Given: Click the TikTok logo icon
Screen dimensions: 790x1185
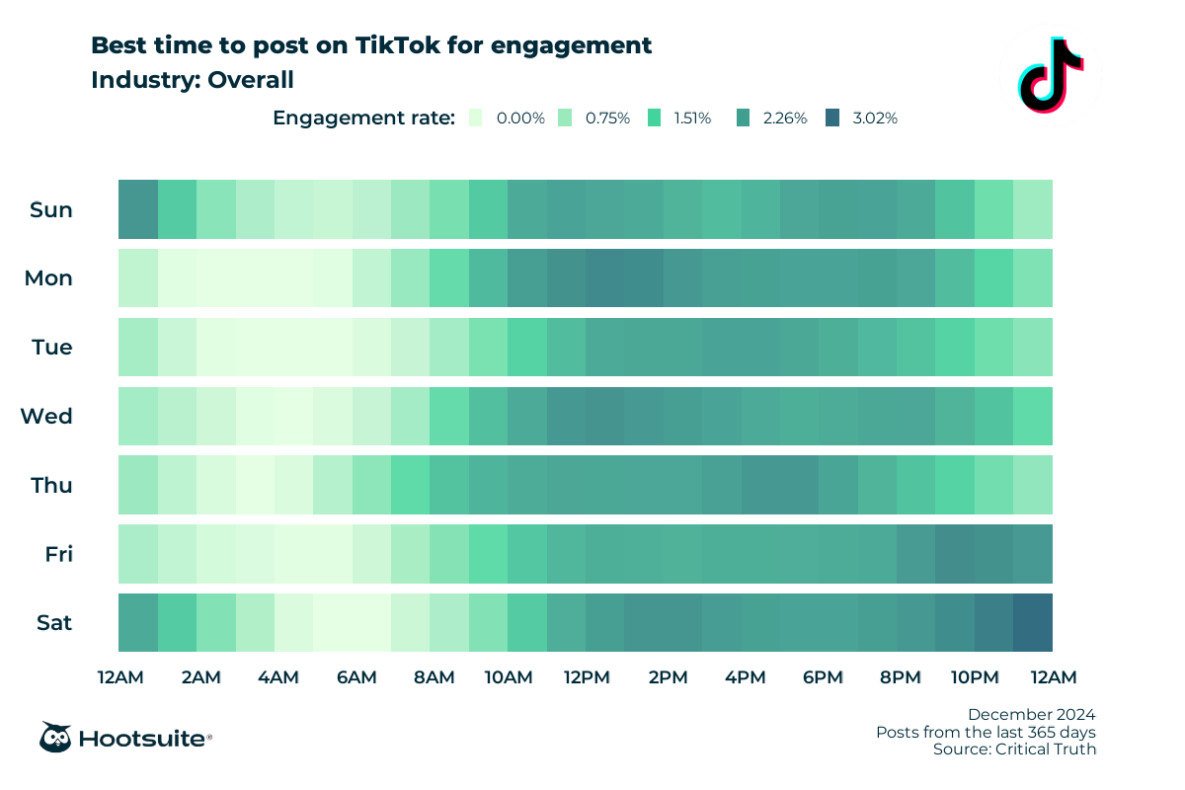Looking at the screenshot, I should [x=1049, y=74].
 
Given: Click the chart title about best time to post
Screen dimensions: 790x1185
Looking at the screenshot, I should [x=370, y=45].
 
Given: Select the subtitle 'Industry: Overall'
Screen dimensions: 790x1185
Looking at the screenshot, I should [x=192, y=80].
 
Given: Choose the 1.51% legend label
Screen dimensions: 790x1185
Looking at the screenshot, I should [x=692, y=118].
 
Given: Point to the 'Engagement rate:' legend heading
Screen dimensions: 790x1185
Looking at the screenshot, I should [x=363, y=118].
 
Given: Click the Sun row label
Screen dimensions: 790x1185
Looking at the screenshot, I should [x=51, y=209].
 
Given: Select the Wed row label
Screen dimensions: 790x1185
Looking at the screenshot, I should [x=47, y=417].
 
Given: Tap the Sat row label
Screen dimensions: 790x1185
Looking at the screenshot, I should [x=53, y=623].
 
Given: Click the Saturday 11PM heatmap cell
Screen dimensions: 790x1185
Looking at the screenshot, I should [x=1033, y=623].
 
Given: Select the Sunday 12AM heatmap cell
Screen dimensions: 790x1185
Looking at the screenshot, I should [x=137, y=209].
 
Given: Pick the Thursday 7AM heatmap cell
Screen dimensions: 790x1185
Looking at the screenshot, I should [x=410, y=485].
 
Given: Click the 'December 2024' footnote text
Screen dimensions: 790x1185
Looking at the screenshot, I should [x=1031, y=714].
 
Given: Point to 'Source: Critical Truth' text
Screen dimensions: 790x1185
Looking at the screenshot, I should [x=1014, y=750].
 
